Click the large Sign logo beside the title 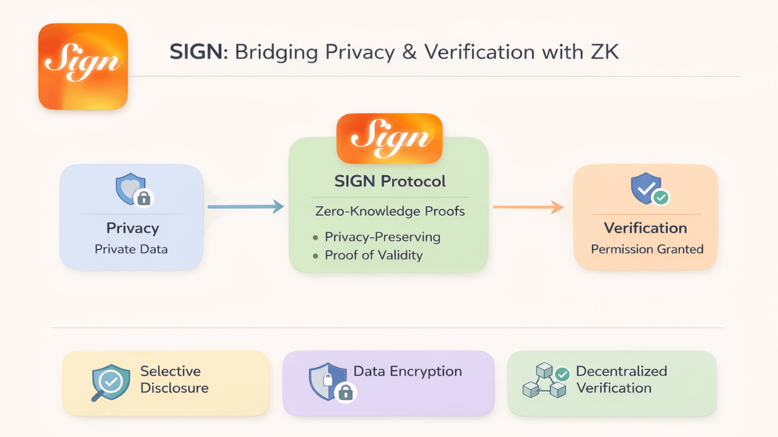[83, 67]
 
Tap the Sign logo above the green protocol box [389, 138]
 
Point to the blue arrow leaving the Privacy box [246, 207]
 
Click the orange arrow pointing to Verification [528, 208]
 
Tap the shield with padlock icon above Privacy [133, 190]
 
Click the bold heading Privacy [133, 228]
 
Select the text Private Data [131, 249]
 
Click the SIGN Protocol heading [390, 181]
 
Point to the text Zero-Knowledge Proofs [390, 212]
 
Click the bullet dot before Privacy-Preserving [315, 237]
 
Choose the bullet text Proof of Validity [373, 255]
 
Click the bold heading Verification [645, 228]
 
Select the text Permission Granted [647, 249]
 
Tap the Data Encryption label [408, 371]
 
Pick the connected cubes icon [543, 381]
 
